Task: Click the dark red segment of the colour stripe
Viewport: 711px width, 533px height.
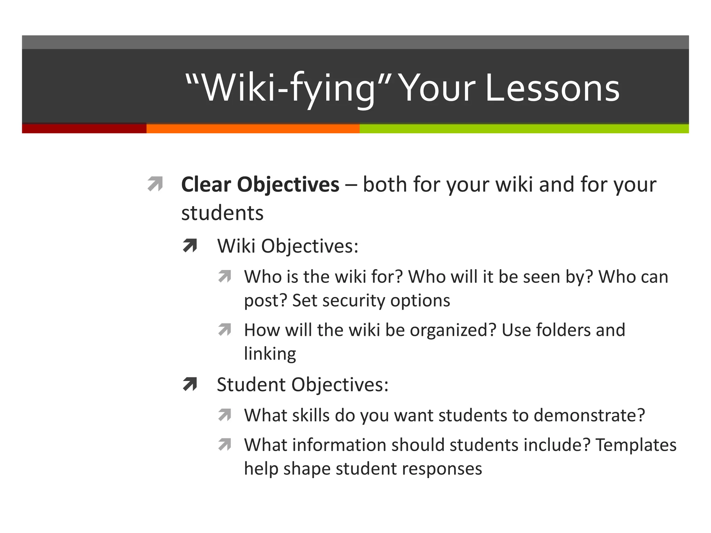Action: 84,128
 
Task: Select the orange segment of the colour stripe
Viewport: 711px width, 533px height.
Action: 253,128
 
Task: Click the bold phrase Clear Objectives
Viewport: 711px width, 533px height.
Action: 260,184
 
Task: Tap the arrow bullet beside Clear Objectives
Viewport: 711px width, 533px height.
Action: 155,184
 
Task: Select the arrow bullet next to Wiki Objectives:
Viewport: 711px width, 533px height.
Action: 190,246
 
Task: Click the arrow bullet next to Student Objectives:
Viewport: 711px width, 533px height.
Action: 190,384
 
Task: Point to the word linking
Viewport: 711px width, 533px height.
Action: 270,354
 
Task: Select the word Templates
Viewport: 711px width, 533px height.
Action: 636,445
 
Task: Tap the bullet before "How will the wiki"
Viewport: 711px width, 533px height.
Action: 225,330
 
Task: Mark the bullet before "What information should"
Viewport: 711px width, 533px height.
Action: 225,445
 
